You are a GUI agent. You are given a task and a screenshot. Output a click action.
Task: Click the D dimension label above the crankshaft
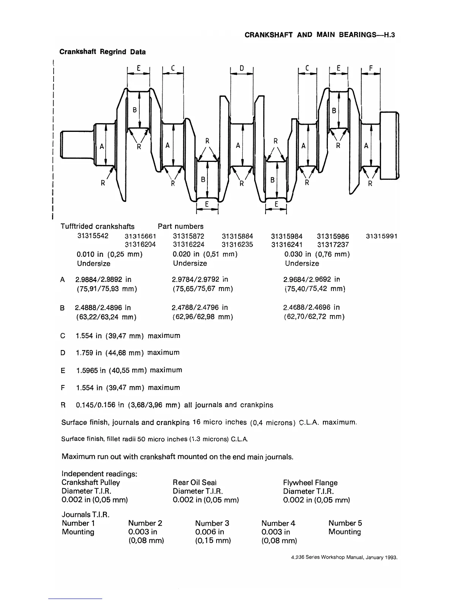(242, 68)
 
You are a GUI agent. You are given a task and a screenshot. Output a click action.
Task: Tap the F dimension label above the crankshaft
(371, 69)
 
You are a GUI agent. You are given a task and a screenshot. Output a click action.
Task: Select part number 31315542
(93, 236)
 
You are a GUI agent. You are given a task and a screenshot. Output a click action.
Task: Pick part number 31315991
(381, 236)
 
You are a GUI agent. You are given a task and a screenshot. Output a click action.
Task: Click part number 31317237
(333, 245)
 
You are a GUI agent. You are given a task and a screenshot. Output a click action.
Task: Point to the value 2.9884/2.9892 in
(103, 279)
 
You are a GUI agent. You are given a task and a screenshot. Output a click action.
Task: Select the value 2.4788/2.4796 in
(200, 307)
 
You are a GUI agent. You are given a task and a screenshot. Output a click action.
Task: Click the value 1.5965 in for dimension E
(91, 370)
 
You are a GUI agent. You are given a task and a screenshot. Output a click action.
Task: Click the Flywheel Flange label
(310, 483)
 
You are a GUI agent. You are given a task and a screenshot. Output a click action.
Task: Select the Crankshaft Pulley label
(91, 483)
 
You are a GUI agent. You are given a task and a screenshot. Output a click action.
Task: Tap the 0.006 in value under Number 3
(209, 532)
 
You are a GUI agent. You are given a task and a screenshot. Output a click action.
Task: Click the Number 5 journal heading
(345, 523)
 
